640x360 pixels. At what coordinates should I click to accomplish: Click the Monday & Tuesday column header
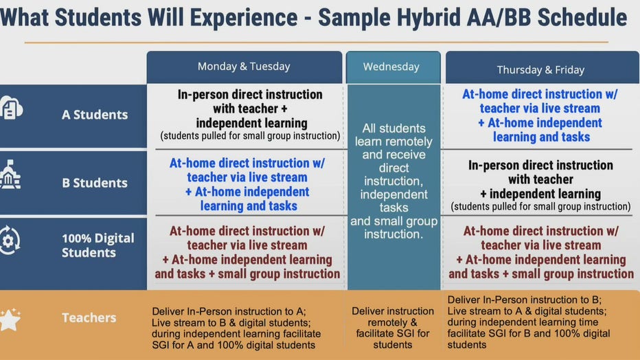(x=244, y=67)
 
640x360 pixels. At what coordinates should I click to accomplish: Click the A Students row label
(x=95, y=115)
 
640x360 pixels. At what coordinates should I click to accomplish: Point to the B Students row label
(x=95, y=183)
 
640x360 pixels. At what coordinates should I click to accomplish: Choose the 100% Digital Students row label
(x=98, y=245)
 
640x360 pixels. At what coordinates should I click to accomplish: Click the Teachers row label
(x=89, y=317)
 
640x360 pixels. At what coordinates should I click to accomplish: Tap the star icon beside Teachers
(x=10, y=319)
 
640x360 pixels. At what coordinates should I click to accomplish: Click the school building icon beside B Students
(x=10, y=175)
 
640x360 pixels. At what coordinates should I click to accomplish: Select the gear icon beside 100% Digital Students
(x=9, y=240)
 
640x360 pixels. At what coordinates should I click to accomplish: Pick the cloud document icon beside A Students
(x=11, y=108)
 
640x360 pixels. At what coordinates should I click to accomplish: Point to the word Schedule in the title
(x=582, y=17)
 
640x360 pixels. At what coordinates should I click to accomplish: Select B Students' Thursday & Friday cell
(x=540, y=185)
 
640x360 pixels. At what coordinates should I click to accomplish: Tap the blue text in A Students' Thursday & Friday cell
(x=540, y=115)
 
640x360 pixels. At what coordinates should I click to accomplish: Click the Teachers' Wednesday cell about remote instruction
(x=393, y=328)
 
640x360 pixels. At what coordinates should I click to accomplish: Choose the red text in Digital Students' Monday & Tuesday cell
(x=247, y=252)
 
